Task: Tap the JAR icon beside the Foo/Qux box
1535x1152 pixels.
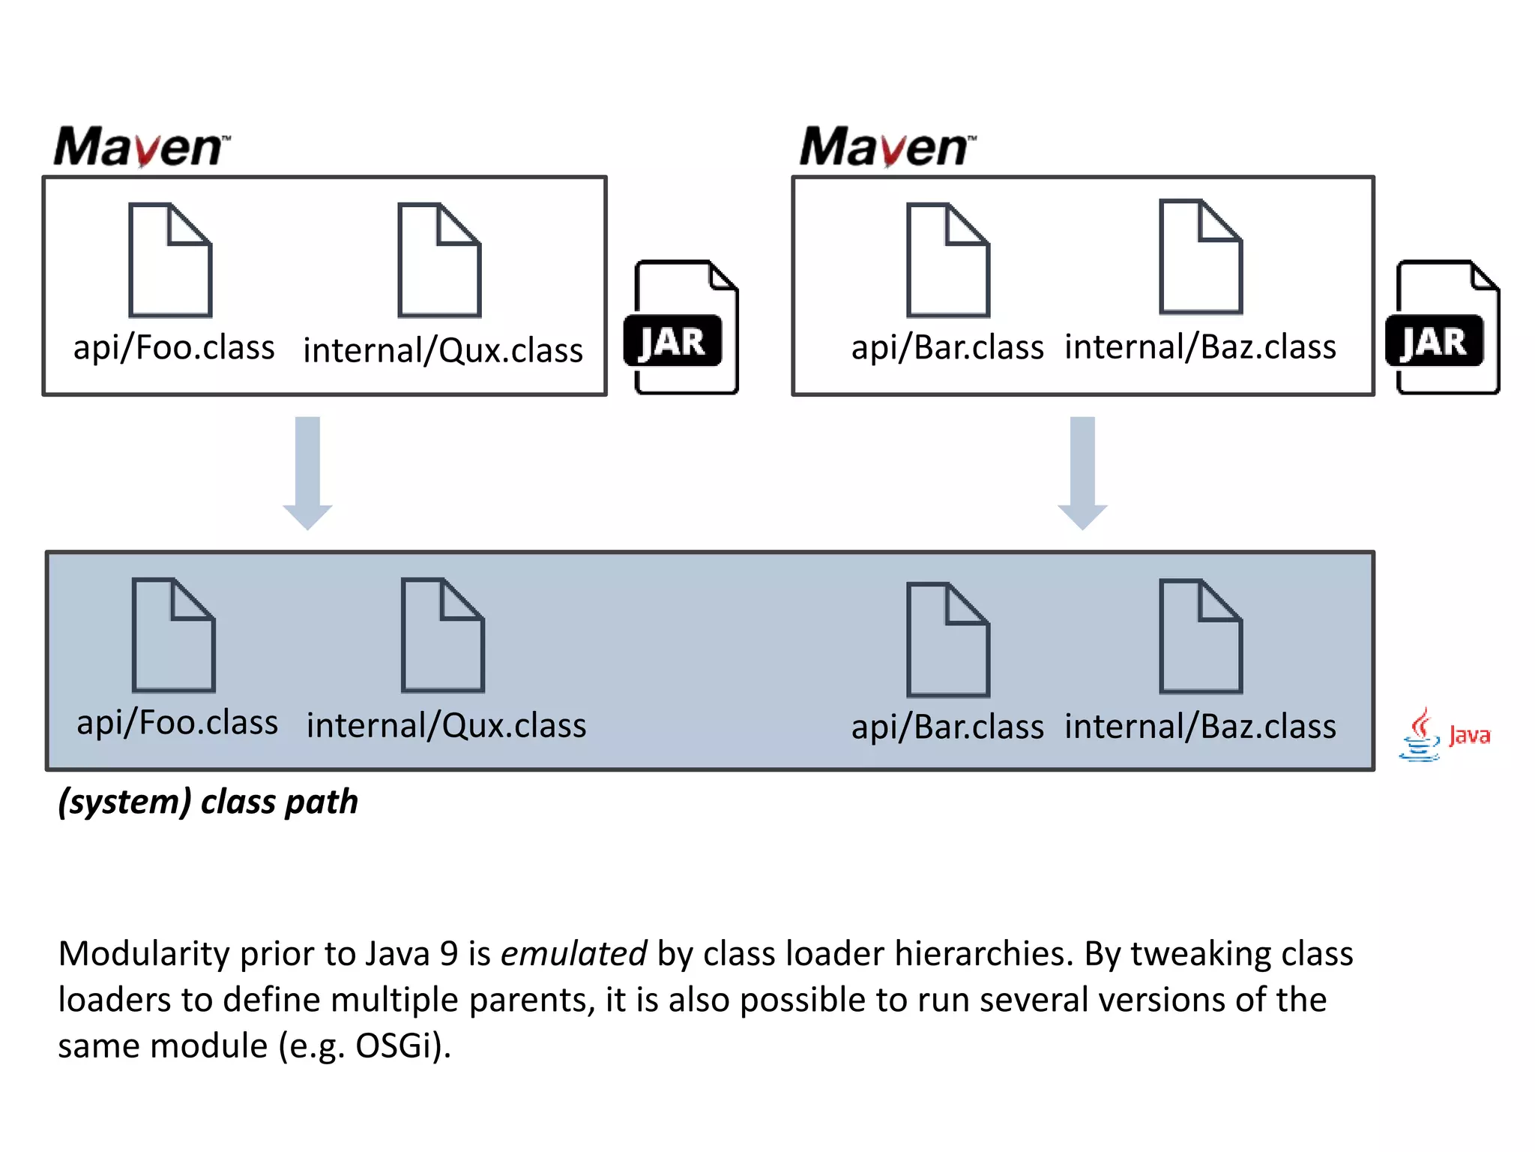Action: click(681, 328)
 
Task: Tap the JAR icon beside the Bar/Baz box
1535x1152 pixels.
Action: click(1443, 328)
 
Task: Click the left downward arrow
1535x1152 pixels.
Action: click(307, 472)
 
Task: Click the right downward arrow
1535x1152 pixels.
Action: click(1082, 472)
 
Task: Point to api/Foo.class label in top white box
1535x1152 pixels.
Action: click(174, 348)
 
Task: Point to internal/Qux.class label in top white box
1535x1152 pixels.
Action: click(442, 350)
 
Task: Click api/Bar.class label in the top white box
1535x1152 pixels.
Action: click(947, 348)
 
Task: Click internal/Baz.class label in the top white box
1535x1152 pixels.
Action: click(1200, 347)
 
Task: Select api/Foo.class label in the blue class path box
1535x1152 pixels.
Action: click(177, 723)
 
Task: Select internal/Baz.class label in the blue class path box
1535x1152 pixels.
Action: click(1200, 727)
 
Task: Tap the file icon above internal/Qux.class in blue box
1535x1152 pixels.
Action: click(442, 635)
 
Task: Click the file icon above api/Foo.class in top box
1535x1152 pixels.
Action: click(170, 260)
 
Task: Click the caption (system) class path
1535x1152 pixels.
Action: click(208, 802)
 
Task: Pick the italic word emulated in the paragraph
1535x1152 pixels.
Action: click(573, 954)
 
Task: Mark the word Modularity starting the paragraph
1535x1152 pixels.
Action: click(143, 954)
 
